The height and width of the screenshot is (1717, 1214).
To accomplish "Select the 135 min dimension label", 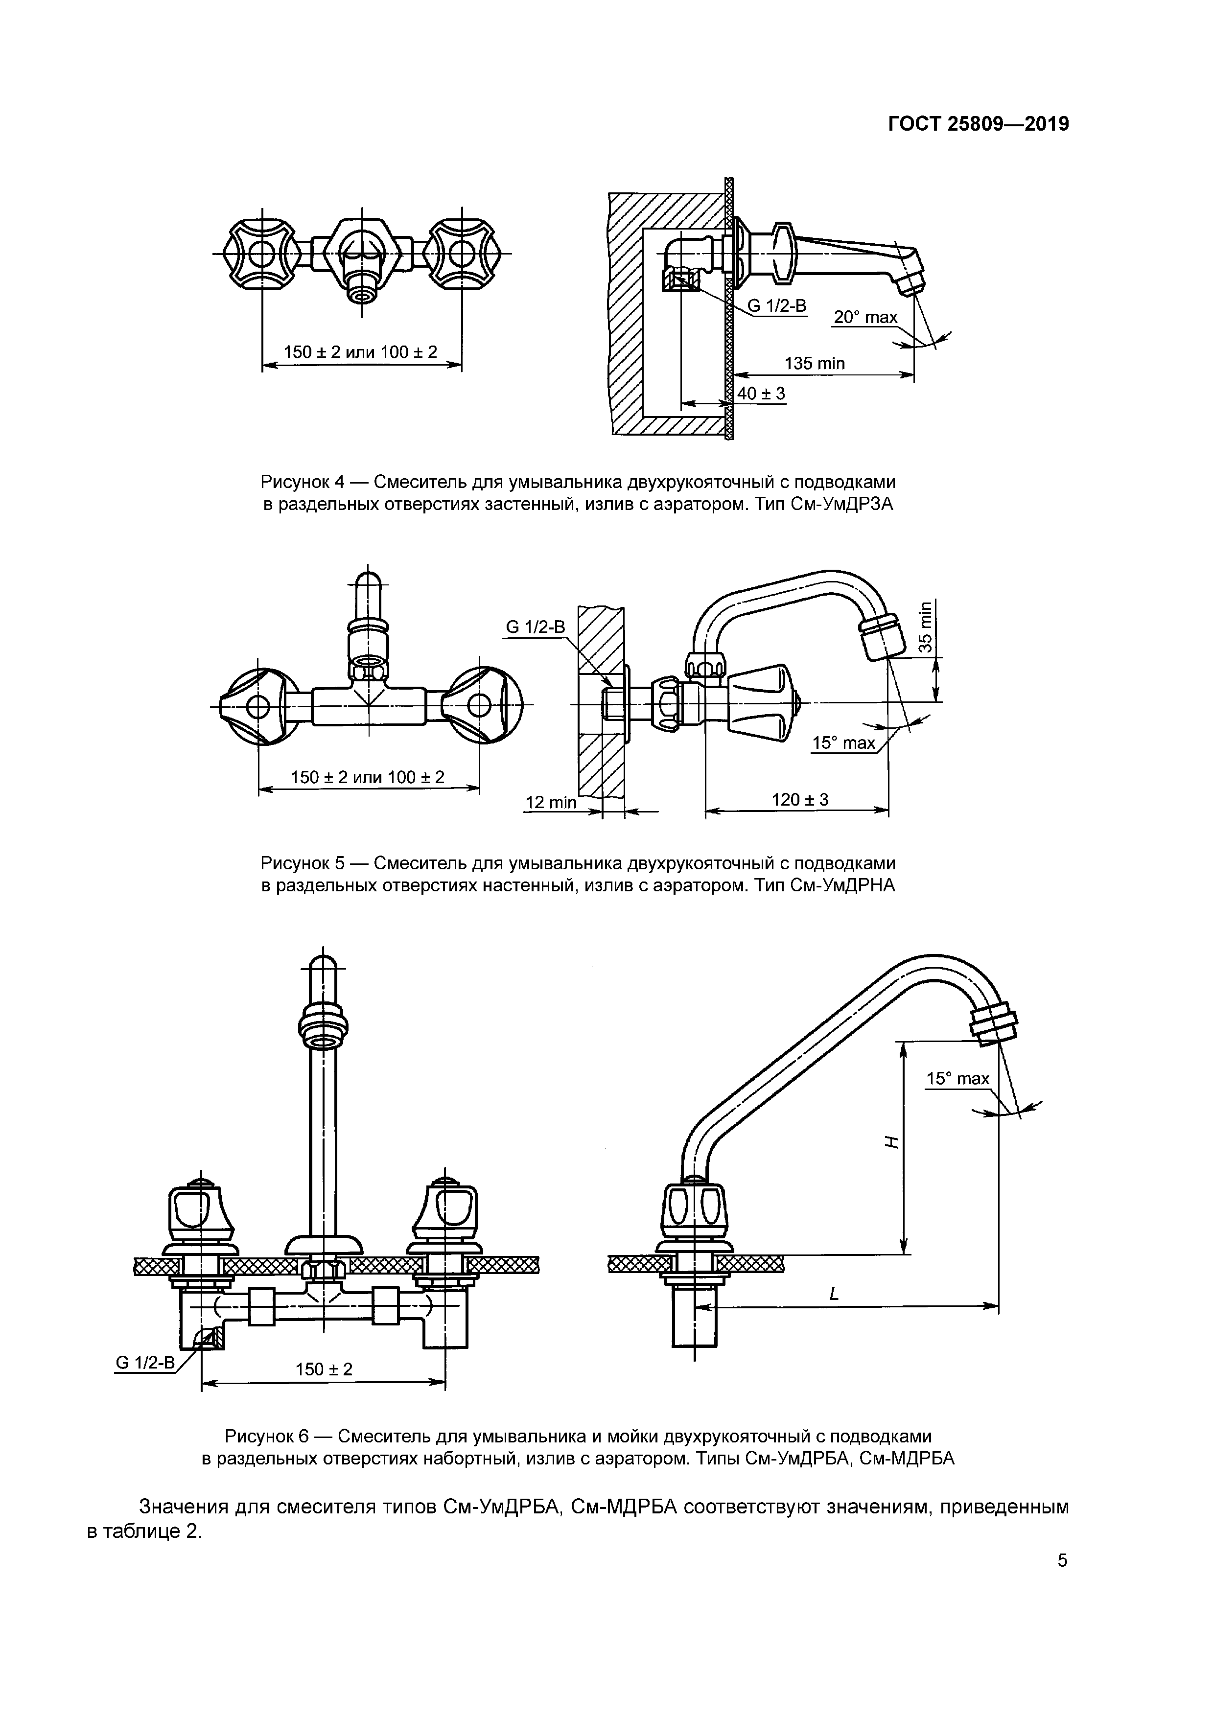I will [814, 364].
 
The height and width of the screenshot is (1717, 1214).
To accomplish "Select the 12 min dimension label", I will [551, 802].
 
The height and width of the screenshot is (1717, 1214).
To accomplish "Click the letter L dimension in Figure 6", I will [835, 1294].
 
